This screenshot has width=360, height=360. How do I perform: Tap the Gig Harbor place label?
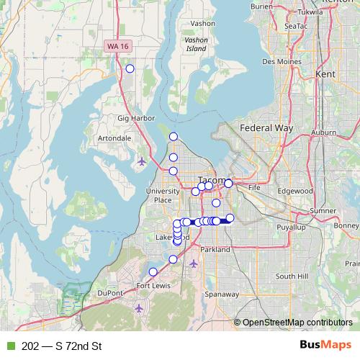pos(132,117)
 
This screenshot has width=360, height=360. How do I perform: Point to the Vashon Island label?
pos(196,45)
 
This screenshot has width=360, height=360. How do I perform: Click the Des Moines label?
pos(279,62)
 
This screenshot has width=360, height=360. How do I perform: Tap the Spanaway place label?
pos(201,294)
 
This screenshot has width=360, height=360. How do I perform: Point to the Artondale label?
pos(114,138)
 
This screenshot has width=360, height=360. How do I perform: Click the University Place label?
pos(163,195)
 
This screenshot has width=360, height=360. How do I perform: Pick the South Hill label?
pos(292,276)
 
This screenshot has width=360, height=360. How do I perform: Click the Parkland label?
pos(215,249)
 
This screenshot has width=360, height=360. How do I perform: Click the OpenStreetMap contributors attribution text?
pos(297,323)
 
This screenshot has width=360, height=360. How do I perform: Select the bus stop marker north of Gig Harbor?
pos(130,68)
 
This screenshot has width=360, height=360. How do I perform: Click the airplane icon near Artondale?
pos(141,161)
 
